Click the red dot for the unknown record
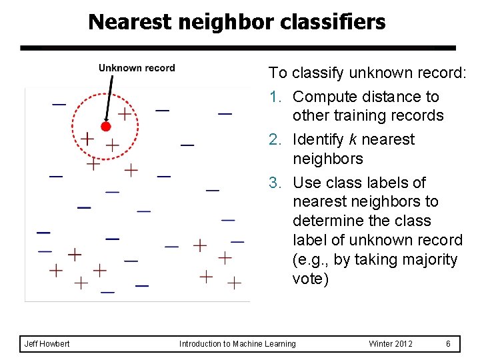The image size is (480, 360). (x=105, y=126)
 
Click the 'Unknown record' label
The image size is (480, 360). (x=137, y=68)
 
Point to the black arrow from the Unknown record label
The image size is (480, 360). (x=109, y=97)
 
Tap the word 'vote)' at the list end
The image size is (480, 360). (x=311, y=279)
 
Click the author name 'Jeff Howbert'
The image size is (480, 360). (x=47, y=344)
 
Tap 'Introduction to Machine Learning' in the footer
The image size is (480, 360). (x=237, y=344)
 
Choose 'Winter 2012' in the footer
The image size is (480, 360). (x=391, y=344)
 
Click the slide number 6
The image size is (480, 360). (x=449, y=344)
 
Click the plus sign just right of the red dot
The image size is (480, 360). (x=124, y=113)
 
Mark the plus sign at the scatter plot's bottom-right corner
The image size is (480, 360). (x=234, y=283)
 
